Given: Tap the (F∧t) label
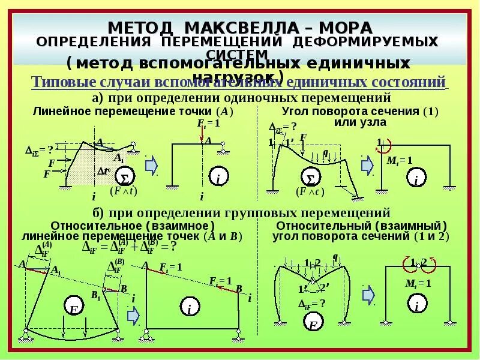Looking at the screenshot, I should [x=124, y=191].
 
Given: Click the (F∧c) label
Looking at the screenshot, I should [x=310, y=191].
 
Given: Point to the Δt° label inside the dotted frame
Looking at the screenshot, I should [x=104, y=170].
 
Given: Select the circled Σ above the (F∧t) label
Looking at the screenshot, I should [x=125, y=178].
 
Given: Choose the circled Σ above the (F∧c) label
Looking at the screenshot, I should [x=310, y=178].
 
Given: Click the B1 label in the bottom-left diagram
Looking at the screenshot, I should [x=95, y=295].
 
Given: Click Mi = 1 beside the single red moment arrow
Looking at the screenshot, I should [x=400, y=160].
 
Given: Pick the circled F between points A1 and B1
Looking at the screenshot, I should [x=74, y=309].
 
